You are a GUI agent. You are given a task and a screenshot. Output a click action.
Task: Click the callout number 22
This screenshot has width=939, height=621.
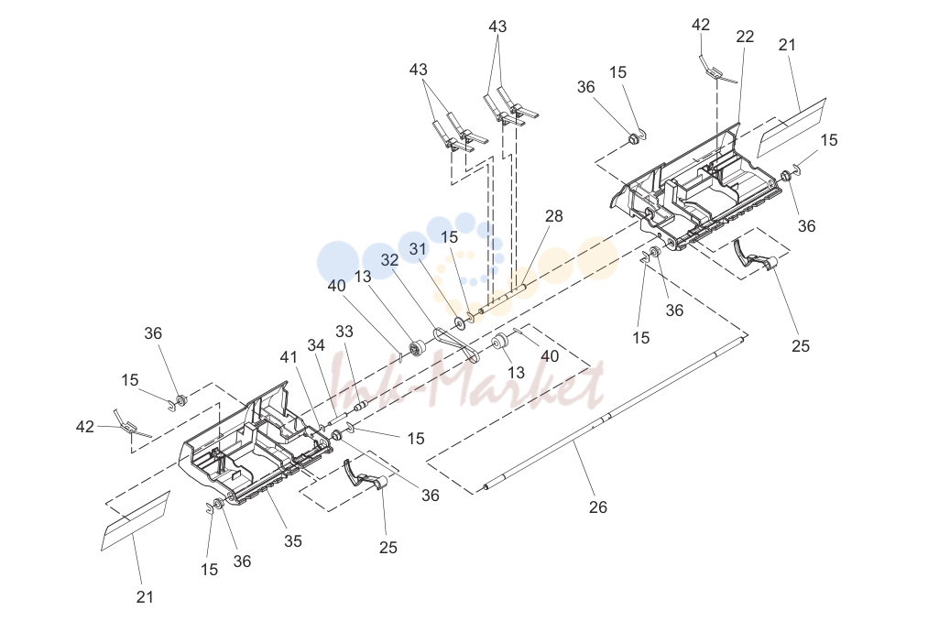745,37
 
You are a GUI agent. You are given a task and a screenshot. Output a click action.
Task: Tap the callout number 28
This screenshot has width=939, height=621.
554,215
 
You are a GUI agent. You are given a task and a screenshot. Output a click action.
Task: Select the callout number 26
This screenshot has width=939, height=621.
597,507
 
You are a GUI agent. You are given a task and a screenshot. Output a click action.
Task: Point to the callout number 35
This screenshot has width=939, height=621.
293,540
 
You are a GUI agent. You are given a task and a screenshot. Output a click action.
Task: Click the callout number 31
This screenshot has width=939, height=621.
418,248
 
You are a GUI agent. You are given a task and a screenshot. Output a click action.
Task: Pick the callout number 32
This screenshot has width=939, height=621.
390,260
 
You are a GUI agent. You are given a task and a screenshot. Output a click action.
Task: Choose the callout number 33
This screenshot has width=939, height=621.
344,332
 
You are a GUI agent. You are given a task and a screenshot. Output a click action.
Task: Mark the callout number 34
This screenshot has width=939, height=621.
316,345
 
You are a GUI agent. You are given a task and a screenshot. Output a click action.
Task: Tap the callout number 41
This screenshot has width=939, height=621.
289,357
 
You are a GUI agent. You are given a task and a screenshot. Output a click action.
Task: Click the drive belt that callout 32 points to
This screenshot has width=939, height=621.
456,344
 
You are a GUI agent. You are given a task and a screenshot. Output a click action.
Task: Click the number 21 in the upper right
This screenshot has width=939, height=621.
788,44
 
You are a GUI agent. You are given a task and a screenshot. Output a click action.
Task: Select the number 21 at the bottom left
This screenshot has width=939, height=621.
145,596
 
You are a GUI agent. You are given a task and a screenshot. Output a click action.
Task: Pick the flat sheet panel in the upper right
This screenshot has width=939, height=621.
792,127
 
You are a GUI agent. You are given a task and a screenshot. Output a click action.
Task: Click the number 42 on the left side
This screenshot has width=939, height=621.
85,427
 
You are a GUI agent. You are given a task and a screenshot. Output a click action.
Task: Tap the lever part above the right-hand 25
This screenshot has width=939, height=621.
755,254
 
